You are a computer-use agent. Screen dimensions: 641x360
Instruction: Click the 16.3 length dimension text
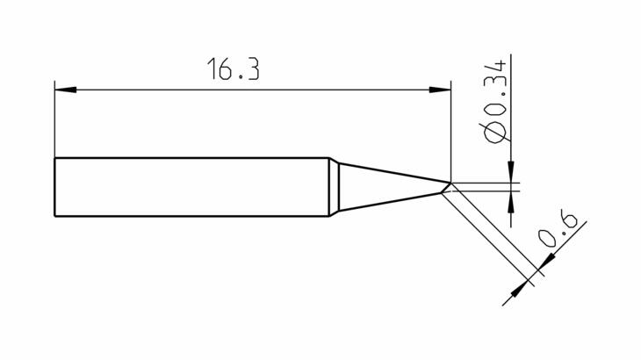click(234, 68)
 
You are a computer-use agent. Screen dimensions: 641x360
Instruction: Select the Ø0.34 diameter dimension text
click(495, 102)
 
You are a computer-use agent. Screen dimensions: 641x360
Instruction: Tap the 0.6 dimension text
click(558, 229)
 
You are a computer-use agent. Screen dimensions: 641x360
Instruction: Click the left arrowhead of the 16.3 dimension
click(65, 90)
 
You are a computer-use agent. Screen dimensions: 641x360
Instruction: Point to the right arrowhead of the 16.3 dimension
click(440, 90)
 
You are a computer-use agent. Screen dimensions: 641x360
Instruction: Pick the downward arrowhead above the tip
click(511, 171)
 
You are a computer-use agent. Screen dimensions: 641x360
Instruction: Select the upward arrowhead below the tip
click(511, 202)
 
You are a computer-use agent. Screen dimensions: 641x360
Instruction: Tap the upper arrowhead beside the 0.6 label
click(546, 262)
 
